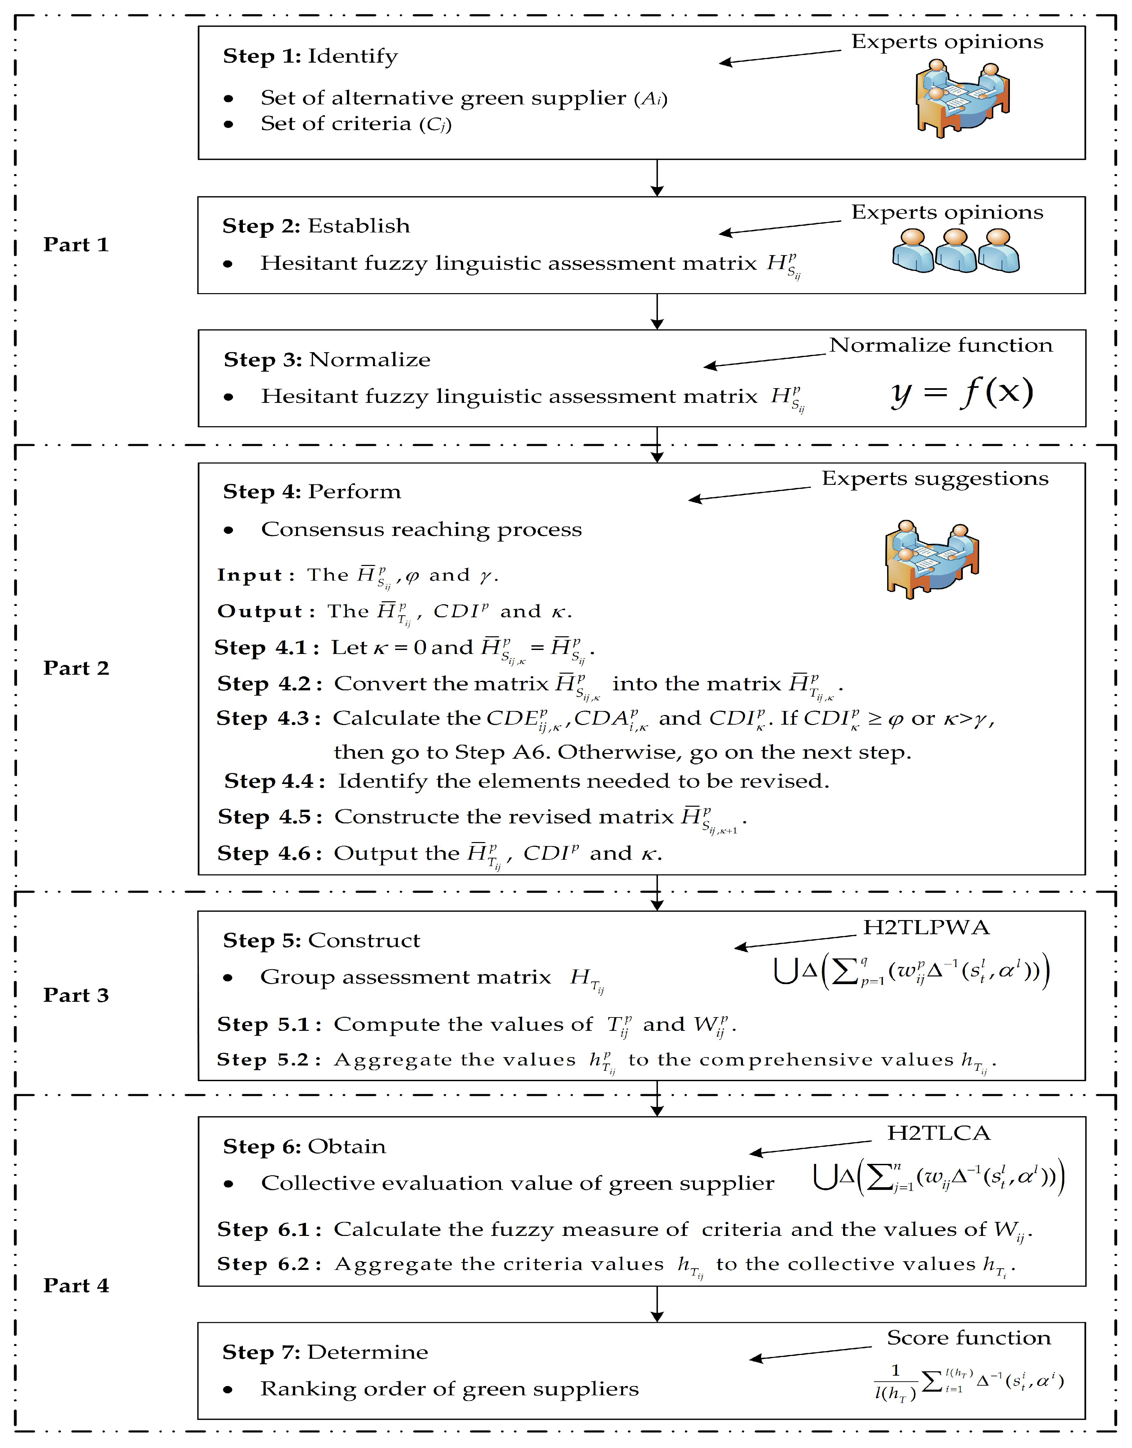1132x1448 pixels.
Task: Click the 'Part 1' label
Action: [x=76, y=245]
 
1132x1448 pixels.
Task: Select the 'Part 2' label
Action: [x=76, y=668]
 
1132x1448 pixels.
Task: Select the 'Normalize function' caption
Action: [x=940, y=345]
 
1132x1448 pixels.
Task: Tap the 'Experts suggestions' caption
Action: [x=935, y=479]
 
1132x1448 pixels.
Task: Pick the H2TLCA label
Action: [x=938, y=1133]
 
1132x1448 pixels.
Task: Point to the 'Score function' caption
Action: [x=968, y=1338]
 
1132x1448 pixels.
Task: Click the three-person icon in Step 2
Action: [x=956, y=251]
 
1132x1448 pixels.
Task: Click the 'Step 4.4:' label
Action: [x=274, y=781]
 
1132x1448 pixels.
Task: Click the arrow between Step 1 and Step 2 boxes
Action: [x=657, y=178]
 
